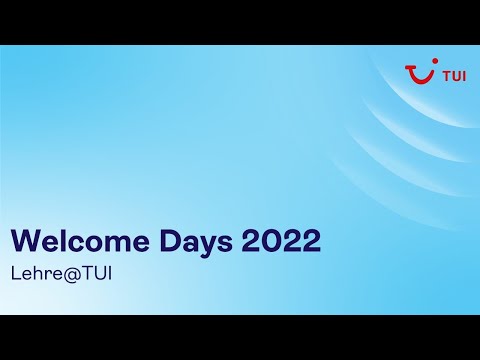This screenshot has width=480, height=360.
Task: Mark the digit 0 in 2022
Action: coord(270,242)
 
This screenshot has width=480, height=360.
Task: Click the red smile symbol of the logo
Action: coord(417,75)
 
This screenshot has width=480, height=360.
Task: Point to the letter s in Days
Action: coord(225,244)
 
